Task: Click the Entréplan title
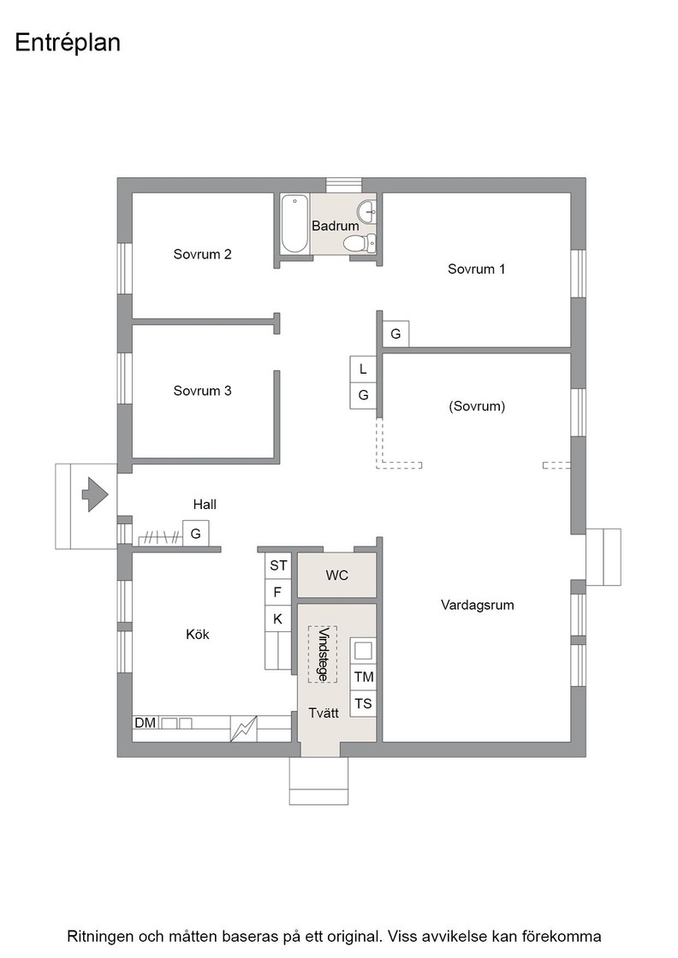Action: [68, 44]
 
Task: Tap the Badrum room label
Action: [335, 226]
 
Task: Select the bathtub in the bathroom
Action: [294, 223]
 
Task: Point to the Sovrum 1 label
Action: [476, 269]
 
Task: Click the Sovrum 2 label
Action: [202, 254]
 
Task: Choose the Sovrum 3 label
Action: [202, 391]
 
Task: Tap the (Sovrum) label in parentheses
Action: [477, 406]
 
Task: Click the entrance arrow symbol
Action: [95, 494]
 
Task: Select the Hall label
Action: [205, 505]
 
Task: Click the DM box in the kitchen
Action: [146, 723]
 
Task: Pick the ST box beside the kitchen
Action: [278, 565]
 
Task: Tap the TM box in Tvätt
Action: [363, 677]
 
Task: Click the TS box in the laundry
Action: [363, 703]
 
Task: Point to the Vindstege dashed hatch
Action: [322, 653]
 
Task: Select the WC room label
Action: [337, 576]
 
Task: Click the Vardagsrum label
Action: [478, 605]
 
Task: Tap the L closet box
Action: [363, 369]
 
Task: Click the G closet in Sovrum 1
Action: [395, 334]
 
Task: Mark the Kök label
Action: [198, 635]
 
